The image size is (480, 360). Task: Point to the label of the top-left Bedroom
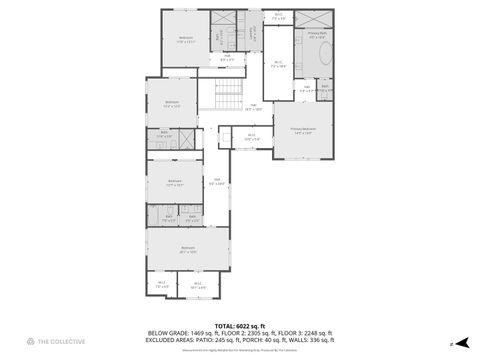pyautogui.click(x=185, y=39)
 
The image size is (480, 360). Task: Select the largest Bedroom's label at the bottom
pyautogui.click(x=187, y=249)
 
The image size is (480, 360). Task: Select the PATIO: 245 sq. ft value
pyautogui.click(x=228, y=340)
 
